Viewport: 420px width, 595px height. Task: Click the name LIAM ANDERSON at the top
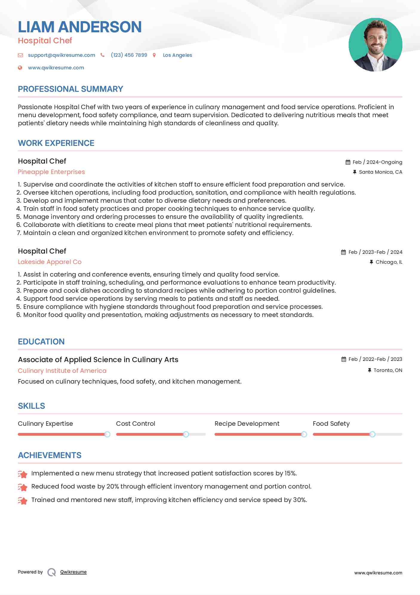tap(80, 27)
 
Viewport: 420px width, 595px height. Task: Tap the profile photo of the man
tap(375, 45)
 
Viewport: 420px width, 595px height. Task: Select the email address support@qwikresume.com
tap(61, 55)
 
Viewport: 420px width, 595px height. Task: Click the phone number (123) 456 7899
tap(129, 55)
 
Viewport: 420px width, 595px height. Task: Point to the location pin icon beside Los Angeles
tap(154, 55)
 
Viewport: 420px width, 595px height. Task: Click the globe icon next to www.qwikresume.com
tap(20, 68)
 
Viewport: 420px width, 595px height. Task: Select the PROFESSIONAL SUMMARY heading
tap(70, 89)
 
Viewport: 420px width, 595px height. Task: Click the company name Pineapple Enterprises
tap(51, 172)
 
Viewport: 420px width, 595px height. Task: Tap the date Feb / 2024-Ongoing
tap(377, 162)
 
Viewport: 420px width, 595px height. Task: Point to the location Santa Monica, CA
tap(380, 172)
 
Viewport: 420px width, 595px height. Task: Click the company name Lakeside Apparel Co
tap(50, 262)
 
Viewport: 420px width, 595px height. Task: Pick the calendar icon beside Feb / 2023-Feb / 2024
tap(343, 252)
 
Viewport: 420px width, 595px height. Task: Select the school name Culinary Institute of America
tap(62, 371)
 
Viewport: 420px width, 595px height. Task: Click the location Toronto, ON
tap(388, 370)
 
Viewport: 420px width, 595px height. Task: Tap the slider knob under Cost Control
tap(186, 434)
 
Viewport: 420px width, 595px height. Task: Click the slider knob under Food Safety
tap(372, 434)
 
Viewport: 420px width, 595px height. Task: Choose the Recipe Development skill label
tap(247, 424)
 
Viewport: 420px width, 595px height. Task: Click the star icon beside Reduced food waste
tap(23, 487)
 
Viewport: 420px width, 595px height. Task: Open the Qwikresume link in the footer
tap(73, 572)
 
